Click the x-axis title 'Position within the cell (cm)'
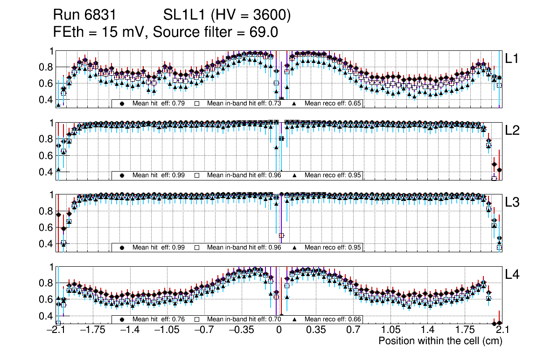tap(440, 341)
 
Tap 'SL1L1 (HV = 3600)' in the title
tap(227, 15)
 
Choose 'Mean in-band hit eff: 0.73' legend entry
tap(244, 104)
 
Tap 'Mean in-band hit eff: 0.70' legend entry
tap(244, 319)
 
